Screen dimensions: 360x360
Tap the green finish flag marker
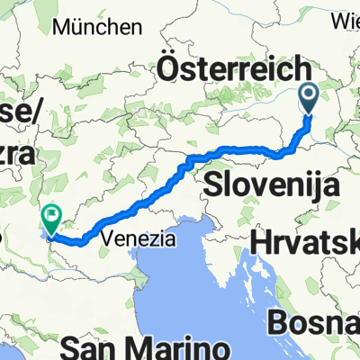51,214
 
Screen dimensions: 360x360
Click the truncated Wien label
345,17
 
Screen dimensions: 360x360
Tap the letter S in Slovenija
213,185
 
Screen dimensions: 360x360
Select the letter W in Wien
337,17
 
